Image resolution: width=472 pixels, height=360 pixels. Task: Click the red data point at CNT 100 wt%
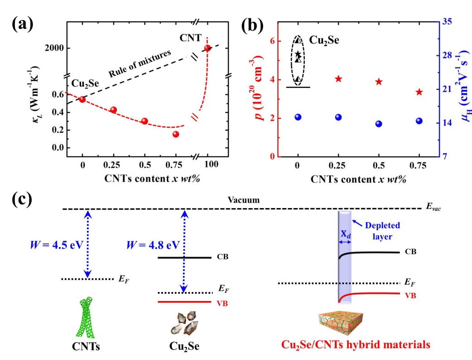click(x=208, y=48)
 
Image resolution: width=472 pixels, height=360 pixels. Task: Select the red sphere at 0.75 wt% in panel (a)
click(x=176, y=134)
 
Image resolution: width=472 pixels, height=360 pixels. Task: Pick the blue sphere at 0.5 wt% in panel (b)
click(x=379, y=124)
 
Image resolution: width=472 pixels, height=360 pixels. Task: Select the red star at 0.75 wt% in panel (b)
click(x=419, y=92)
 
